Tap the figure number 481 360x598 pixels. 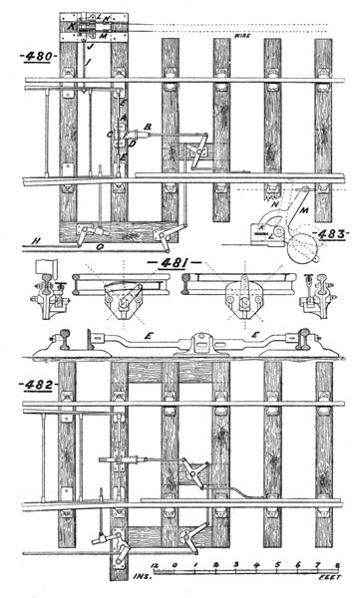pyautogui.click(x=162, y=261)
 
